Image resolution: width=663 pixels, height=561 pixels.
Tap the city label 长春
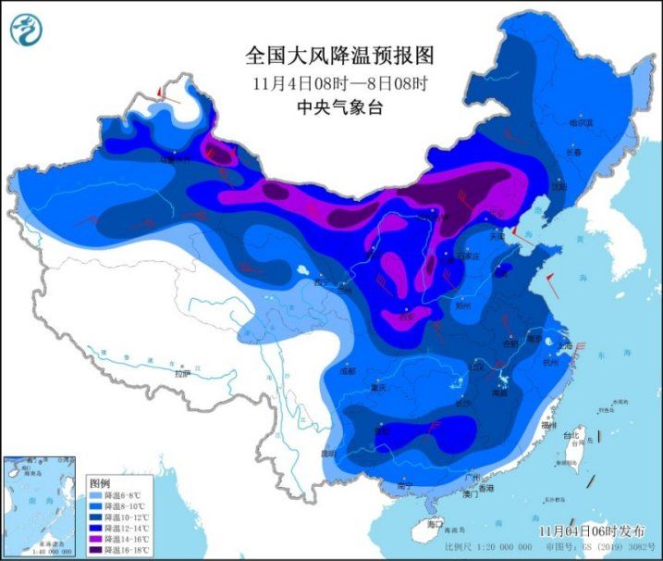click(x=576, y=152)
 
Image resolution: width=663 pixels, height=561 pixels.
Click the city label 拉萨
click(x=183, y=373)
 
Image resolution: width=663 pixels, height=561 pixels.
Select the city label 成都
click(x=347, y=371)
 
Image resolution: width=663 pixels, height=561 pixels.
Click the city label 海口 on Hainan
click(x=435, y=524)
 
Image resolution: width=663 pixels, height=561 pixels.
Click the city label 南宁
click(x=404, y=485)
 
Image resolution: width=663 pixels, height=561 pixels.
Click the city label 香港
click(x=485, y=487)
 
